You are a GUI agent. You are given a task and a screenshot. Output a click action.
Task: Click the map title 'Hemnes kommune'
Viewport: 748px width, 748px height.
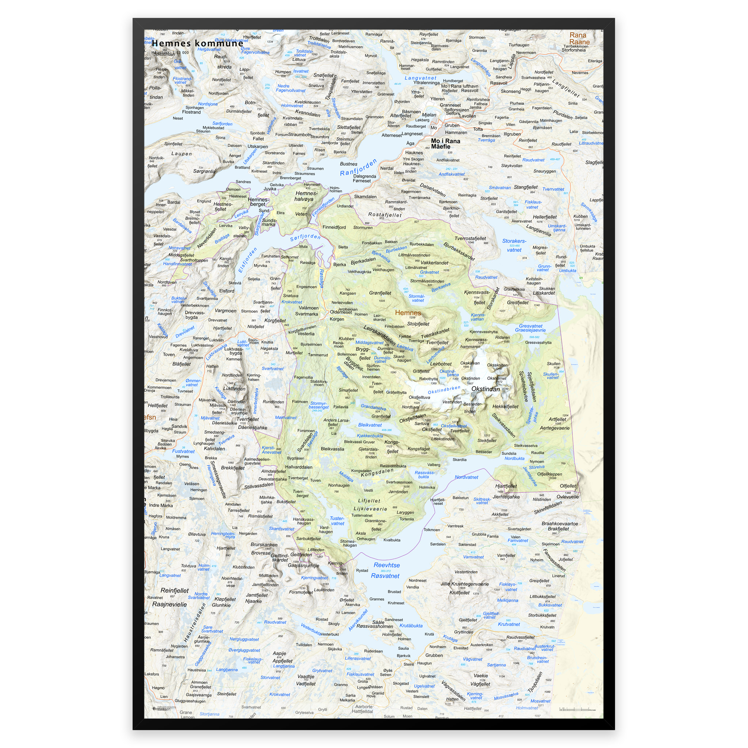pyautogui.click(x=197, y=43)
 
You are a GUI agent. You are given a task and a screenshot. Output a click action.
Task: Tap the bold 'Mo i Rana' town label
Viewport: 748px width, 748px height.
pyautogui.click(x=445, y=141)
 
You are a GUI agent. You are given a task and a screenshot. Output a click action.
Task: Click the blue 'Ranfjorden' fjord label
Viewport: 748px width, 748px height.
pyautogui.click(x=358, y=168)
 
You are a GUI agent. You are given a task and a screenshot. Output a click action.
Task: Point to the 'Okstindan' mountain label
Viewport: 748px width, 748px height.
pyautogui.click(x=485, y=389)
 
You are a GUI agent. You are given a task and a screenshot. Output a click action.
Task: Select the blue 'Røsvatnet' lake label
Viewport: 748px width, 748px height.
pyautogui.click(x=385, y=576)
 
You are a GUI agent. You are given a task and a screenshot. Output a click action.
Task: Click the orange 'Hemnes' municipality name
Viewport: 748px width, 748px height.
pyautogui.click(x=408, y=312)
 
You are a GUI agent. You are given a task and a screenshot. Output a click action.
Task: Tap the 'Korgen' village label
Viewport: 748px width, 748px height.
pyautogui.click(x=337, y=319)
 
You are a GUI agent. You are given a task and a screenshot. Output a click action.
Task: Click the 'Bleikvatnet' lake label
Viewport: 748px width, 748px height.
pyautogui.click(x=370, y=425)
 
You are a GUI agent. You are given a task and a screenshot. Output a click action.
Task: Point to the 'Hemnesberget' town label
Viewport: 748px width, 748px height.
pyautogui.click(x=257, y=202)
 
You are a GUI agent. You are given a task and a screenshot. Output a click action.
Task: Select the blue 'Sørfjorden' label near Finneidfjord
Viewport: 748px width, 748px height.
pyautogui.click(x=305, y=237)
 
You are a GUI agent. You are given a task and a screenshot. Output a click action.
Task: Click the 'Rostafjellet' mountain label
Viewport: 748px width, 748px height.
pyautogui.click(x=385, y=214)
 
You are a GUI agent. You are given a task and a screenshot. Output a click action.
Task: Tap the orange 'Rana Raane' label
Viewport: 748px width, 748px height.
pyautogui.click(x=579, y=38)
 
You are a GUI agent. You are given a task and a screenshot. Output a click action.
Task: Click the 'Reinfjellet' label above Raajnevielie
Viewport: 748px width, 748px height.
pyautogui.click(x=174, y=591)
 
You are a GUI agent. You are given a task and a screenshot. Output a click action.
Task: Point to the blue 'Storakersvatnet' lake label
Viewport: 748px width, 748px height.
pyautogui.click(x=514, y=245)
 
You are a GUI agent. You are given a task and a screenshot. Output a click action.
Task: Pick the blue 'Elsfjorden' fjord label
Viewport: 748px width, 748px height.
pyautogui.click(x=247, y=260)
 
